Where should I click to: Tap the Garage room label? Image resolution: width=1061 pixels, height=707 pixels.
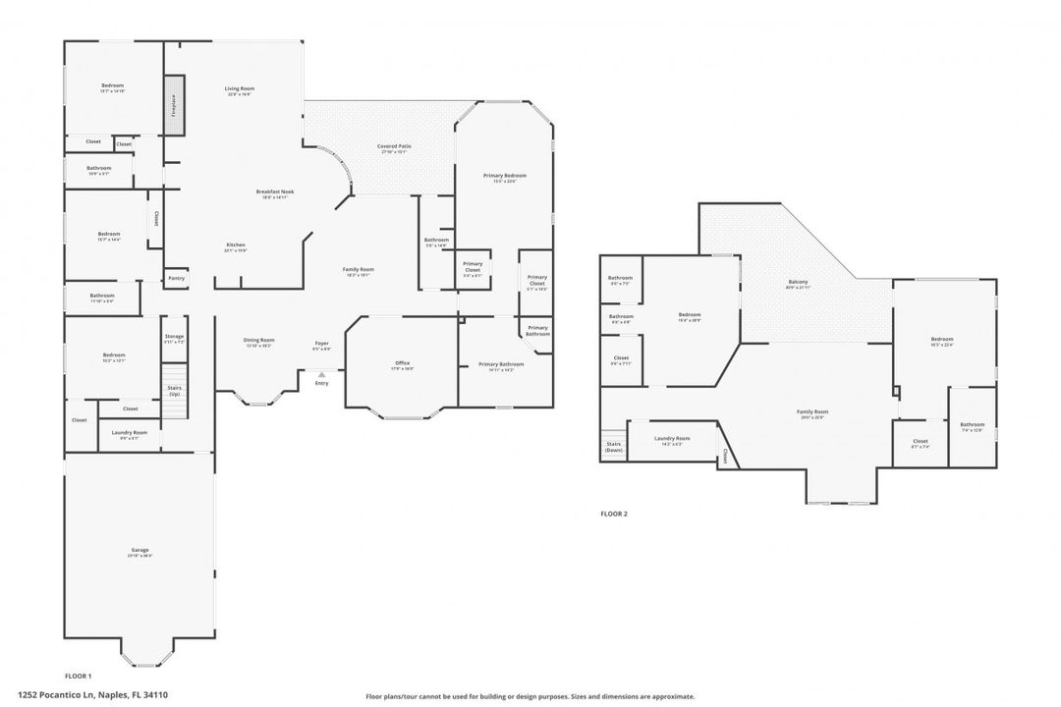(140, 551)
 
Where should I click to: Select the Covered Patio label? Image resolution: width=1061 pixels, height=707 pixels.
(394, 147)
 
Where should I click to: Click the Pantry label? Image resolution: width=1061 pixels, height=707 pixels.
(176, 278)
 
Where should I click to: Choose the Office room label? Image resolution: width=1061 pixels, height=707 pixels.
(402, 364)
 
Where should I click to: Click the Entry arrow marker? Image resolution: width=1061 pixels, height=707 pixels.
(321, 374)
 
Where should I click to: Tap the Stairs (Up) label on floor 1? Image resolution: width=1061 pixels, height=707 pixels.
(174, 390)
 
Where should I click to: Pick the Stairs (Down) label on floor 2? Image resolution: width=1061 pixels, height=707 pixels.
(614, 447)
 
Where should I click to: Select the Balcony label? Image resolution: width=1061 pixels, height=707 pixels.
(798, 284)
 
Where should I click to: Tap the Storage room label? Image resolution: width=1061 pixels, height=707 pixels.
(174, 338)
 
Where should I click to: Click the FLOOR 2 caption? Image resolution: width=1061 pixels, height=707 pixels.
(614, 514)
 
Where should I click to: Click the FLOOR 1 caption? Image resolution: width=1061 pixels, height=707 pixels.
(78, 677)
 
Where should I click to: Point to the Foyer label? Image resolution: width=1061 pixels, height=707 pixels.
(321, 343)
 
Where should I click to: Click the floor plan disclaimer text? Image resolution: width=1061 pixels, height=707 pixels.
(530, 696)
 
